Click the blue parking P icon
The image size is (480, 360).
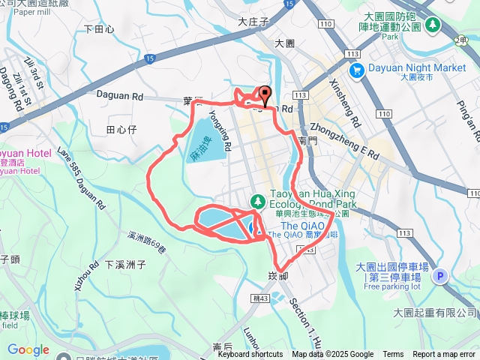coord(440,276)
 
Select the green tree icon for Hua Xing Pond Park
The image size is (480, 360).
coord(257,201)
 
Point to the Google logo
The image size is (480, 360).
coord(28,349)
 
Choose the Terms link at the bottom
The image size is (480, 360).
coord(393,355)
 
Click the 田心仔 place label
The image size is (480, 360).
coord(121,130)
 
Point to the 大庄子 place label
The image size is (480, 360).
coord(253,22)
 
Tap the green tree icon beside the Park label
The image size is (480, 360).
coord(433,25)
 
